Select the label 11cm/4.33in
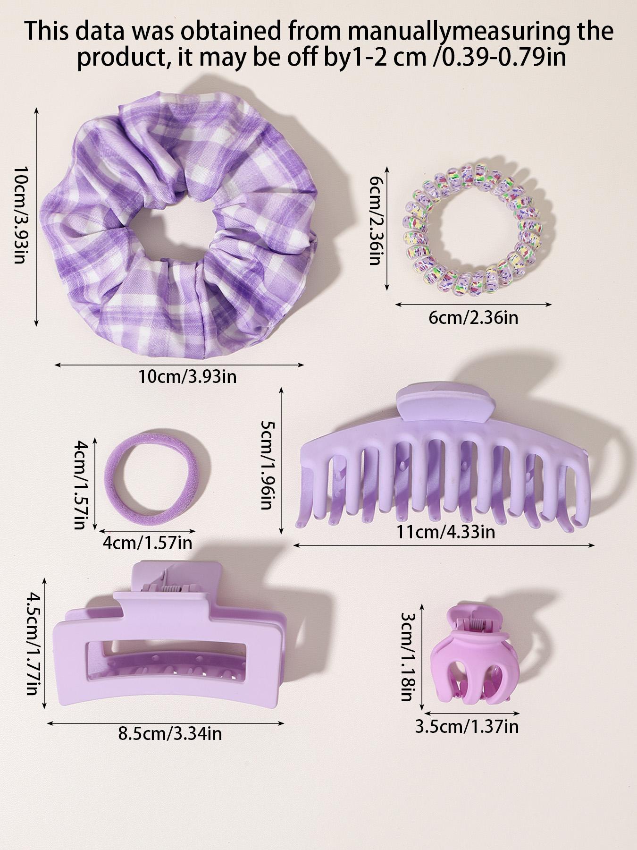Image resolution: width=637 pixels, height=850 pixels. (x=446, y=532)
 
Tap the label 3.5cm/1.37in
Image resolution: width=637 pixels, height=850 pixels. (x=466, y=726)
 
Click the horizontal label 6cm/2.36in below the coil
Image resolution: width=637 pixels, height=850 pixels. (x=473, y=317)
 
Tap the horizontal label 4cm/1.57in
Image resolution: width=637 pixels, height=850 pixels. (x=147, y=543)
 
